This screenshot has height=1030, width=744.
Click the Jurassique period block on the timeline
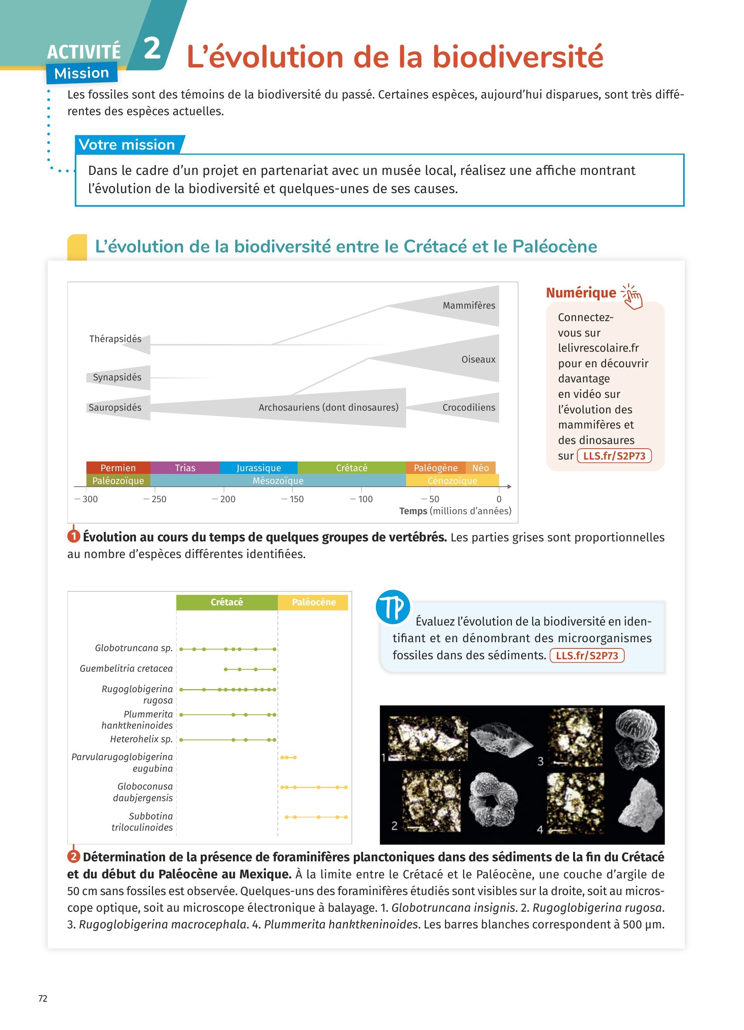pos(258,468)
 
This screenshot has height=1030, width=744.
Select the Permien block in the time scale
pos(118,468)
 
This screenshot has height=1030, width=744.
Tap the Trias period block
pos(185,468)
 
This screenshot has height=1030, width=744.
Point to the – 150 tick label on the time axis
pos(293,499)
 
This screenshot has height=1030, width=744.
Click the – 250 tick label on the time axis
pos(155,499)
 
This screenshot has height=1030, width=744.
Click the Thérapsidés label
pos(115,339)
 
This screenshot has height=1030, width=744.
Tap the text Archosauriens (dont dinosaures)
pos(329,407)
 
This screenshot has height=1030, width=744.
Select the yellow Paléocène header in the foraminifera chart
pos(313,602)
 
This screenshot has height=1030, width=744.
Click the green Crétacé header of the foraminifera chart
pos(227,602)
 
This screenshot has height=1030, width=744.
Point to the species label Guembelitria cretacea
pos(126,669)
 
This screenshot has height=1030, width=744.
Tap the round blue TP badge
pos(393,607)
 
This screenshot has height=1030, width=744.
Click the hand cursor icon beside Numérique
pos(632,297)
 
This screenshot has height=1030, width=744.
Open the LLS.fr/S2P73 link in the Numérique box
pos(614,456)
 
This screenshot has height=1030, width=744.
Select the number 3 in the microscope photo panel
pos(540,761)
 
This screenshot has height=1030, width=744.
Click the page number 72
pos(43,998)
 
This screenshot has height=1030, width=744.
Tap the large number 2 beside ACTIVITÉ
pos(152,48)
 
